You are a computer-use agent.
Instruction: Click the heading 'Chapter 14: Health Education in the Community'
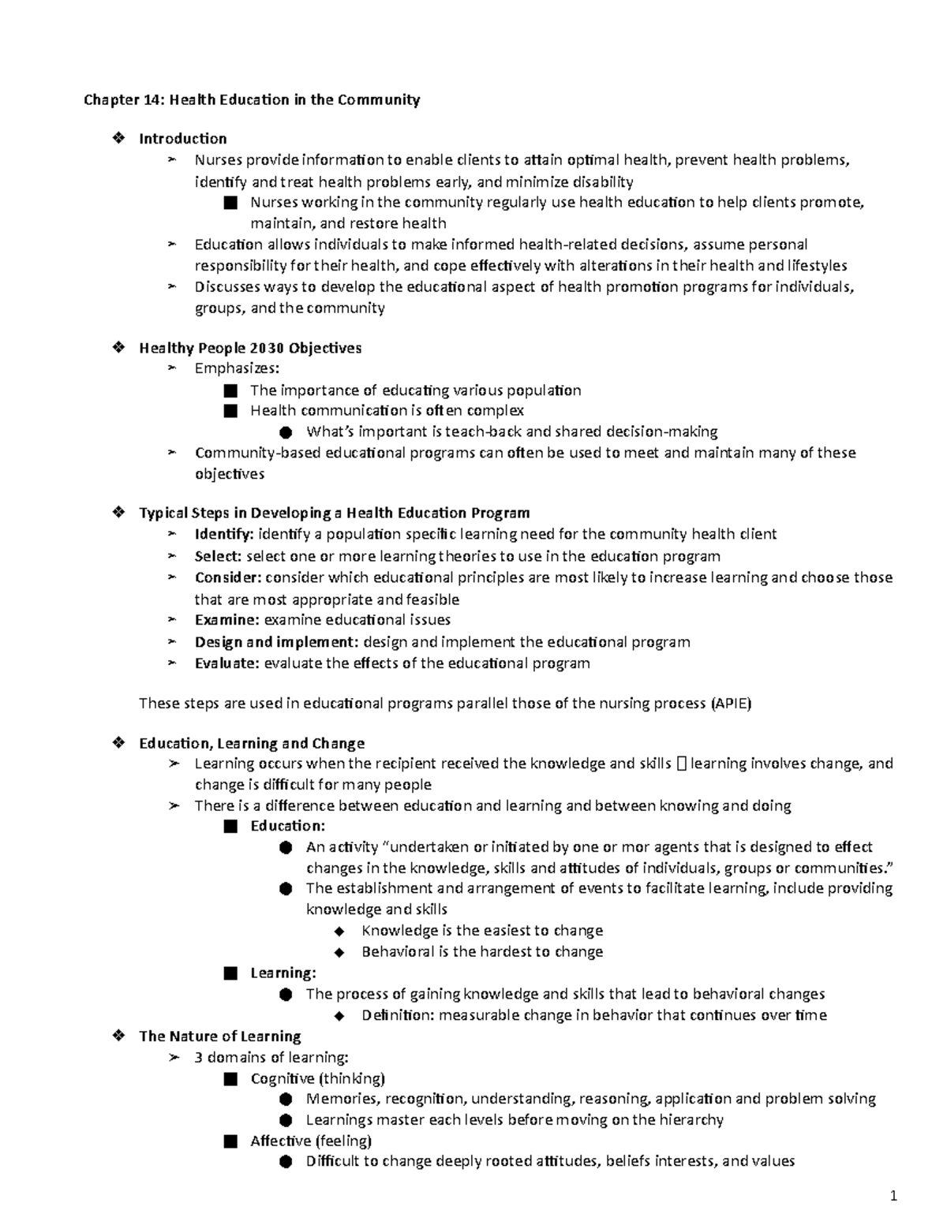click(253, 100)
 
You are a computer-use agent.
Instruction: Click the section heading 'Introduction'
click(182, 139)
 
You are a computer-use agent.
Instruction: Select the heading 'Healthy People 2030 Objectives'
click(250, 348)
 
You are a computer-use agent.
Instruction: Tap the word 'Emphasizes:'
click(237, 368)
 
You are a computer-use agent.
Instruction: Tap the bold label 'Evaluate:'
click(226, 663)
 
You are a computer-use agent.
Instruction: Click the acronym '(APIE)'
click(731, 704)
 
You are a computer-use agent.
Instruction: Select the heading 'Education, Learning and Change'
click(252, 743)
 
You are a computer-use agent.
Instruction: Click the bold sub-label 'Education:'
click(287, 826)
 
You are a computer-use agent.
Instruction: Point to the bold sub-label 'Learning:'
click(283, 973)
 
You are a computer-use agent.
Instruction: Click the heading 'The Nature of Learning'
click(220, 1036)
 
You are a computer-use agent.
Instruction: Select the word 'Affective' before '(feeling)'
click(280, 1141)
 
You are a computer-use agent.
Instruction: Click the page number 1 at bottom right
click(893, 1197)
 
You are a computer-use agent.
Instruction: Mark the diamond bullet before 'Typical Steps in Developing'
click(119, 513)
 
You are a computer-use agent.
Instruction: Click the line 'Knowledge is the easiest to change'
click(481, 931)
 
